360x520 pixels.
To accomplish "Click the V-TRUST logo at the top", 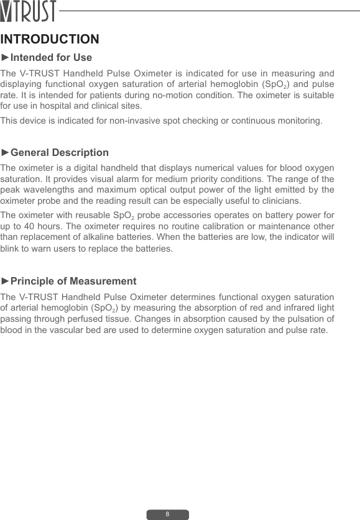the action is [29, 11].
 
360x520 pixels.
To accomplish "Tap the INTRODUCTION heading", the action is [50, 40].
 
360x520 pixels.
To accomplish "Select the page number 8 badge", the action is [167, 514].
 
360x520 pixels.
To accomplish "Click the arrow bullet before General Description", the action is [6, 152].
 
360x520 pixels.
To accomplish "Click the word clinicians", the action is [279, 201].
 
